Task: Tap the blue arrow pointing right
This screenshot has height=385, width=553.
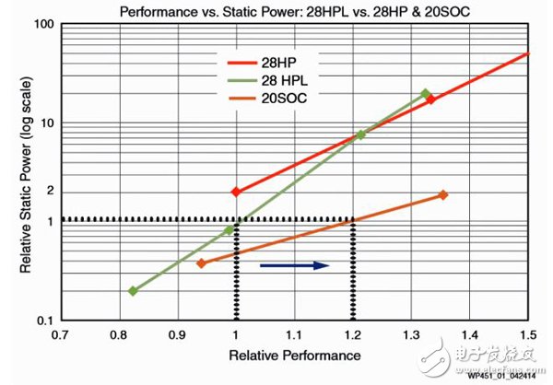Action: tap(294, 265)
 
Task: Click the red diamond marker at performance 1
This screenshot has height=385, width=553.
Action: tap(236, 192)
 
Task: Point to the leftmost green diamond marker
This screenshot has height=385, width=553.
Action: tap(133, 291)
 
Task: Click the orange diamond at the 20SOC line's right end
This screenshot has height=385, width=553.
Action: tap(443, 194)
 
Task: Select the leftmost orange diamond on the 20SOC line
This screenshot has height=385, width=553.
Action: tap(201, 263)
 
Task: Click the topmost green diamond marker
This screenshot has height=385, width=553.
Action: tap(425, 94)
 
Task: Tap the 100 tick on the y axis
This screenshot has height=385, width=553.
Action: tap(41, 22)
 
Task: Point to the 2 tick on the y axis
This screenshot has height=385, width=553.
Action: tap(46, 191)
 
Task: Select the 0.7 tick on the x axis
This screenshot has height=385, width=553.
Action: tap(61, 335)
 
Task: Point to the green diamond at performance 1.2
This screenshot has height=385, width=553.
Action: tap(360, 134)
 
